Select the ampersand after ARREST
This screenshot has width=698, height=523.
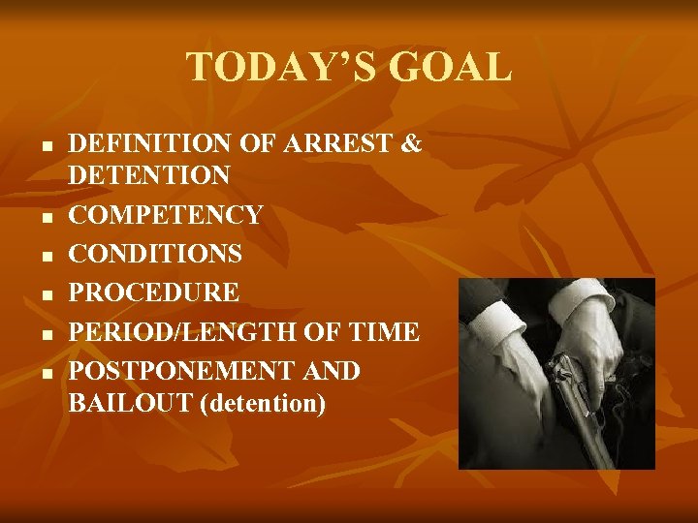coord(411,145)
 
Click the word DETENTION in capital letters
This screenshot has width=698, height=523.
coord(149,175)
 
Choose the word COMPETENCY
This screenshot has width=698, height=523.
coord(166,214)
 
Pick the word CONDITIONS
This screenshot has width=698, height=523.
coord(155,254)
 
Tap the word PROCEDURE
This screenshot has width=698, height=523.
coord(154,292)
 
